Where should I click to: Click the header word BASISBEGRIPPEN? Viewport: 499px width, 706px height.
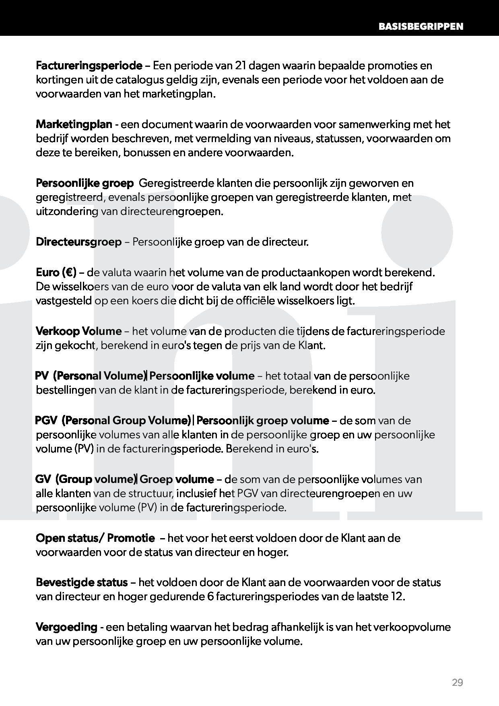click(x=421, y=27)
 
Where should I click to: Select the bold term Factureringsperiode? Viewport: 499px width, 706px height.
click(x=89, y=66)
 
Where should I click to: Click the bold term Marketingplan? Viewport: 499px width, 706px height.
click(x=74, y=124)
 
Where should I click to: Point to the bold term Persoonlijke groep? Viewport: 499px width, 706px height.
click(x=85, y=184)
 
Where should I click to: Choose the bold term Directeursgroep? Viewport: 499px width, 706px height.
click(x=78, y=242)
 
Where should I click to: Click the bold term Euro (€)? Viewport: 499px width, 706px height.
click(x=56, y=272)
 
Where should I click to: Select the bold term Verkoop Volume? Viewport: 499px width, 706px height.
click(x=78, y=331)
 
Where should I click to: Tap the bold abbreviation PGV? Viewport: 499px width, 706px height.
click(x=45, y=421)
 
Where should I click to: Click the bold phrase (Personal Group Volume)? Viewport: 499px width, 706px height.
click(x=127, y=421)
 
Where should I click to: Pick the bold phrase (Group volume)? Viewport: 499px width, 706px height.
click(x=96, y=479)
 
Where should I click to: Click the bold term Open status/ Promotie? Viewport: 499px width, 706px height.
click(x=95, y=538)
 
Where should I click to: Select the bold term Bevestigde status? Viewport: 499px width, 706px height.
click(x=82, y=582)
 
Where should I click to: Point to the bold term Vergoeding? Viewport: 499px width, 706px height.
click(x=66, y=627)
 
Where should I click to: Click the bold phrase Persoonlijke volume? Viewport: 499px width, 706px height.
click(x=202, y=376)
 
